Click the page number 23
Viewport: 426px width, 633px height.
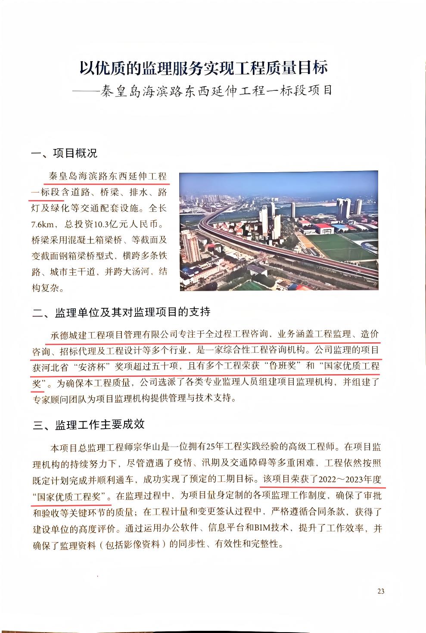380,591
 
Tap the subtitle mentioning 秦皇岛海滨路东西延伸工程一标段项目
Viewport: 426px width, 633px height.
215,91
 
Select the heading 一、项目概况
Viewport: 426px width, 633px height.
65,153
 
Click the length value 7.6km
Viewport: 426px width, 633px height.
44,224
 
